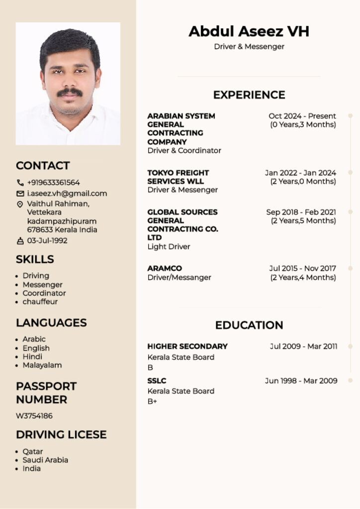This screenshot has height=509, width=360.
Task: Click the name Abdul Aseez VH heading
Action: [x=249, y=31]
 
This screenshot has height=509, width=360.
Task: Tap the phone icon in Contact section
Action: [x=20, y=182]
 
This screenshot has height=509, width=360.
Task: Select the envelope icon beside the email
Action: [x=20, y=193]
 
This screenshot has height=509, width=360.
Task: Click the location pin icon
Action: [x=20, y=204]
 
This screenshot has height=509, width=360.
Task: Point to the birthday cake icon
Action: [x=20, y=241]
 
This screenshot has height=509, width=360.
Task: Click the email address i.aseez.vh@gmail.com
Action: [x=67, y=193]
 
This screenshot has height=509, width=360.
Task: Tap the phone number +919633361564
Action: [x=53, y=182]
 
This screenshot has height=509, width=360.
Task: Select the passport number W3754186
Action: [x=34, y=416]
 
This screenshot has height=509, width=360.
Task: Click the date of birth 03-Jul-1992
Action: [x=47, y=241]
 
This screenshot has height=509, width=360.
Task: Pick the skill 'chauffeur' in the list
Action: [x=40, y=301]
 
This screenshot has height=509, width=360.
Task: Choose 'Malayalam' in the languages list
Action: [x=42, y=365]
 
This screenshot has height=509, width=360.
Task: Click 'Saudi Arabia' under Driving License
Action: [x=45, y=460]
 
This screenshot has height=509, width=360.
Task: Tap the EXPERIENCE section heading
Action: [x=249, y=95]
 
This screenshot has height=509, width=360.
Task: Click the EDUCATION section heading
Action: [x=249, y=325]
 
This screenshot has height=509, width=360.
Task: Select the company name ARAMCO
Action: [x=165, y=268]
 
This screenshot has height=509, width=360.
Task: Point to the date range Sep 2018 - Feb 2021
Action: [x=301, y=212]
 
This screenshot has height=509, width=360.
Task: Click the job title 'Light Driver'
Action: [x=169, y=247]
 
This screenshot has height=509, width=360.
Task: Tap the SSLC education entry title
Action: [x=157, y=381]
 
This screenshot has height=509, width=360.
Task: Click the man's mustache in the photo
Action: [x=70, y=92]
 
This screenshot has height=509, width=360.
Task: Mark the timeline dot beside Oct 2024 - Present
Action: [x=351, y=116]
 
